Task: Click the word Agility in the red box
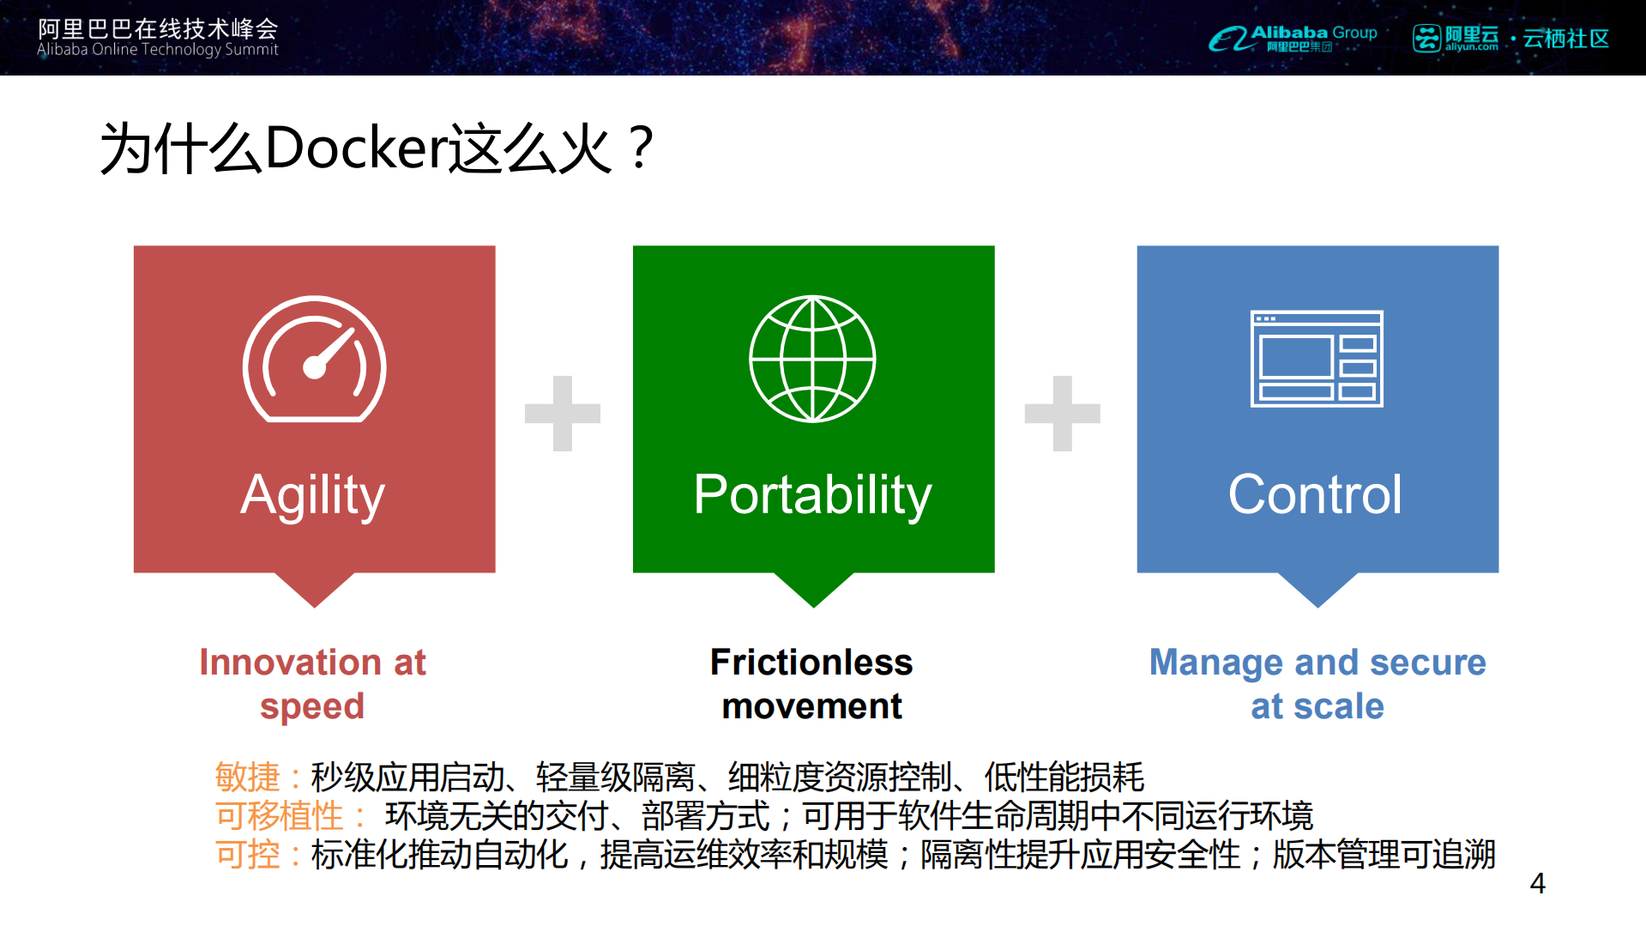(313, 495)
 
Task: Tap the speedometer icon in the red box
(314, 360)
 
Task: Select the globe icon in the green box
(812, 359)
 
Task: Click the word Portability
(812, 495)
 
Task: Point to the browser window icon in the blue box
(1317, 359)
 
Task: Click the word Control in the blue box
(1315, 495)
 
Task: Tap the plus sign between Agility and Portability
(563, 413)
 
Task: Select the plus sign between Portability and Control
(1062, 413)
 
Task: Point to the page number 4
(1538, 883)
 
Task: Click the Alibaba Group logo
(1293, 38)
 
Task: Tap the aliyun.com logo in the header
(1456, 39)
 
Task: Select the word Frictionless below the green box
(811, 663)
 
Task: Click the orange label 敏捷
(248, 778)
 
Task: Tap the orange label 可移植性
(280, 816)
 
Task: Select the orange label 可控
(248, 855)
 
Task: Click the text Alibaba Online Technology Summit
(158, 50)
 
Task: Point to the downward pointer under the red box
(315, 590)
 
